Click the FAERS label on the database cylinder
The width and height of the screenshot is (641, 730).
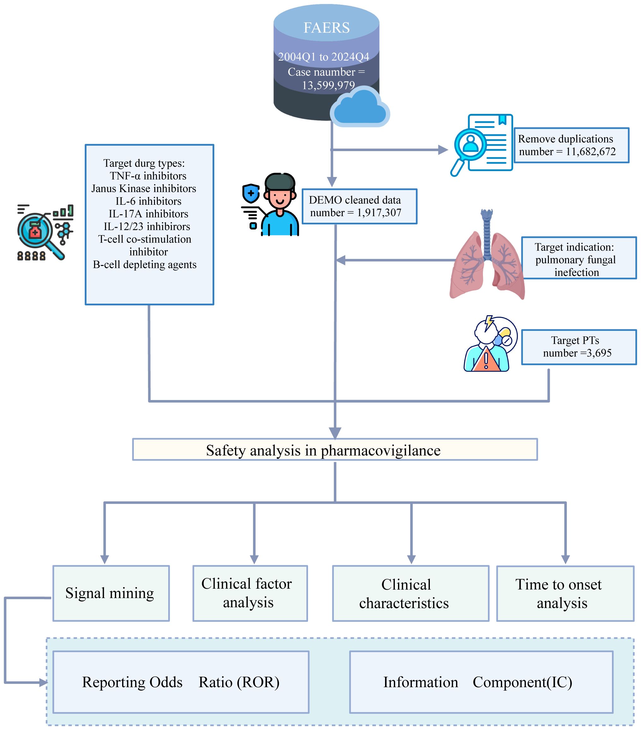click(x=326, y=28)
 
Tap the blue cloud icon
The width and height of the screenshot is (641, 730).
click(x=359, y=108)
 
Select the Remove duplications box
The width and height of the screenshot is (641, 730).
click(x=571, y=145)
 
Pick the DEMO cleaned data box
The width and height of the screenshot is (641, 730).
click(x=359, y=206)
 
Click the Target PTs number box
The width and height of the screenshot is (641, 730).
click(x=579, y=347)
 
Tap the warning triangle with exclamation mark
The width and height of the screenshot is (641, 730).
click(x=486, y=360)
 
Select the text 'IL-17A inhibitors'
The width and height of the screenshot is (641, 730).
click(x=148, y=214)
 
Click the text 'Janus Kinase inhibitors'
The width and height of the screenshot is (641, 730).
click(x=144, y=188)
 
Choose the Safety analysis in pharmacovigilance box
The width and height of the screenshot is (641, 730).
click(x=335, y=450)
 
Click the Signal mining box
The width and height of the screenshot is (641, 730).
click(x=111, y=594)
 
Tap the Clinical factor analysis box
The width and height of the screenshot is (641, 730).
click(x=250, y=594)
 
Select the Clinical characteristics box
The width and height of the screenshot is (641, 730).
click(x=410, y=594)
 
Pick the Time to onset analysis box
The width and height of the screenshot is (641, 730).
click(x=565, y=594)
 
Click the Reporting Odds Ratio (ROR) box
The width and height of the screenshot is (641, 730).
click(x=181, y=682)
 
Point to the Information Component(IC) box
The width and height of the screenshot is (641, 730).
click(x=481, y=682)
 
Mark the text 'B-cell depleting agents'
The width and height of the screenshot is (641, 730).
click(x=145, y=264)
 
